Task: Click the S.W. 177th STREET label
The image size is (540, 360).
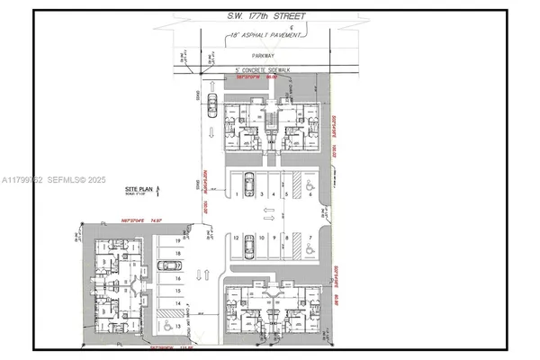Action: [x=267, y=16]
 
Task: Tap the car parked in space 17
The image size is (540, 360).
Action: [x=166, y=266]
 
